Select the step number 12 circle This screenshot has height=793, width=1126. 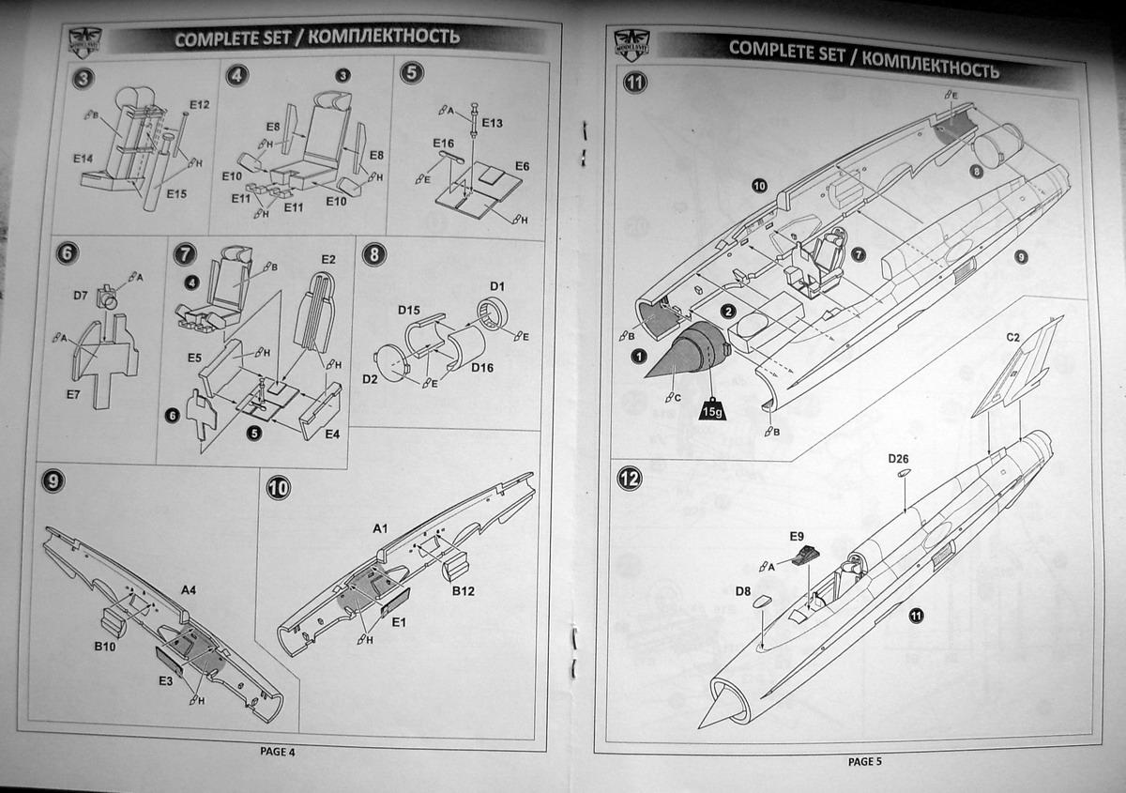(631, 480)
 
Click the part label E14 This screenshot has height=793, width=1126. (82, 159)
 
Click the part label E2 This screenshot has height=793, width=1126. (327, 258)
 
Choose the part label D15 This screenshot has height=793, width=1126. (408, 309)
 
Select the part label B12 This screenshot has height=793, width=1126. (463, 591)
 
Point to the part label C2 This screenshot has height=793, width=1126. (1013, 336)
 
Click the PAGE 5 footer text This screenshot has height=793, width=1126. (864, 761)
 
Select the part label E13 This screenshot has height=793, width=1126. (493, 123)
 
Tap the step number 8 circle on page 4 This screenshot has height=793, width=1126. (373, 253)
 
